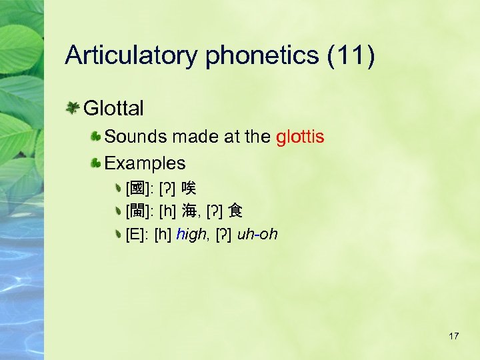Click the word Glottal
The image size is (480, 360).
[113, 107]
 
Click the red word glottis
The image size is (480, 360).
[299, 137]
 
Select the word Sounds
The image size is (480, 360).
[135, 137]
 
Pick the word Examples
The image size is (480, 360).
[145, 163]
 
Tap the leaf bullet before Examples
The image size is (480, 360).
[96, 163]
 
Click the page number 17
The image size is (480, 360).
[453, 336]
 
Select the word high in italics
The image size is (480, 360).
[193, 235]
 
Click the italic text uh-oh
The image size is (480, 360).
[257, 235]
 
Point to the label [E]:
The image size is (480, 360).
[137, 235]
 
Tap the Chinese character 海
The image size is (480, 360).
[190, 212]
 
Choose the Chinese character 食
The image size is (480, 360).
[235, 212]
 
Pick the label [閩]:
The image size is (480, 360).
[139, 212]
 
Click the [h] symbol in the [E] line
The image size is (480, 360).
[163, 235]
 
